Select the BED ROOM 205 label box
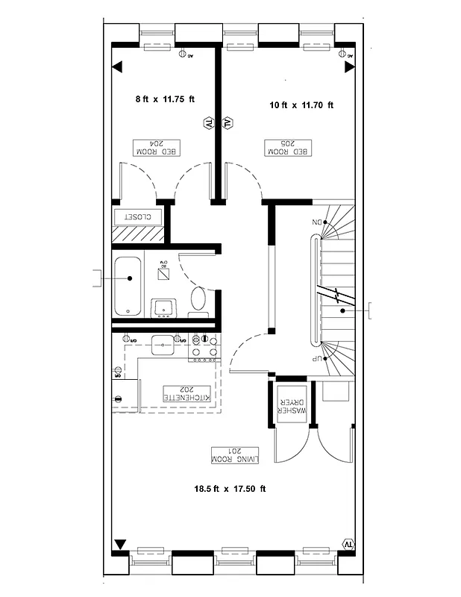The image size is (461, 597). [289, 147]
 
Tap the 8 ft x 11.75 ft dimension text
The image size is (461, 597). [164, 99]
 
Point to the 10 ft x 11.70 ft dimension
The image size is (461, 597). [301, 105]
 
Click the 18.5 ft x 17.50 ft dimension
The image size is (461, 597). [230, 490]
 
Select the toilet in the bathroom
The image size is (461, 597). [198, 299]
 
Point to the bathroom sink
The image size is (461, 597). [164, 307]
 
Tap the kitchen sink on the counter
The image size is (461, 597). [163, 344]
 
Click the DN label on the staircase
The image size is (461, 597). [316, 223]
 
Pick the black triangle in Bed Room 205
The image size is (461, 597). [348, 67]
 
